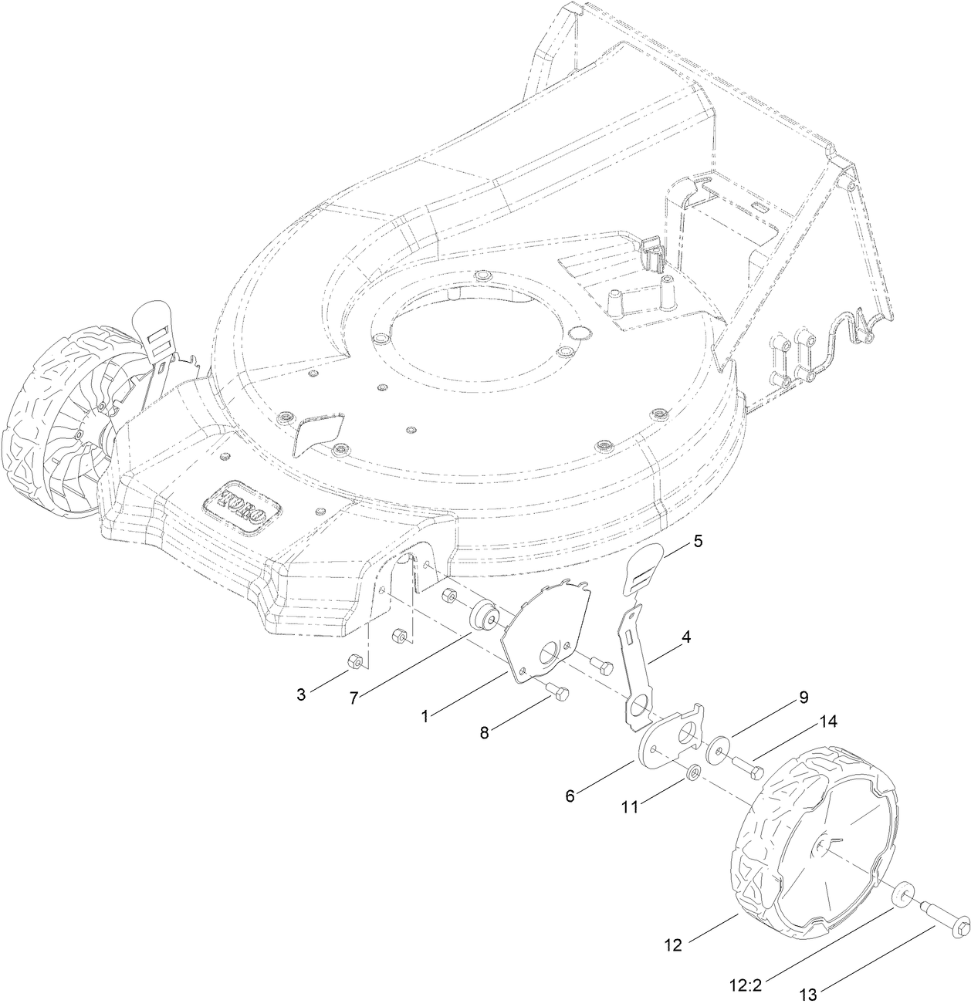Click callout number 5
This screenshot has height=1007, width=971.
(698, 541)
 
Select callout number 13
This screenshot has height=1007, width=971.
(808, 995)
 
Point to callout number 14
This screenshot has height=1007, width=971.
(828, 722)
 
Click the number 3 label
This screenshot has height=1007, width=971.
(301, 694)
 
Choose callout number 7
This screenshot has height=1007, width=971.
(354, 698)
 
